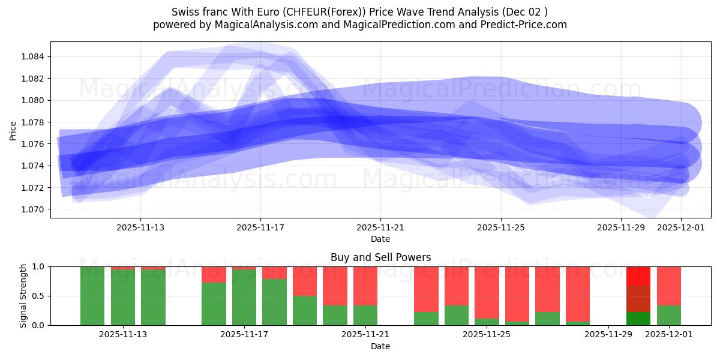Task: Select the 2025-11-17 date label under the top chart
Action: point(260,227)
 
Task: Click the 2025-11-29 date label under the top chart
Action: point(621,227)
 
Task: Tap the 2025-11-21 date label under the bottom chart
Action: point(365,335)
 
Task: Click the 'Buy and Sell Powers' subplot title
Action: point(380,257)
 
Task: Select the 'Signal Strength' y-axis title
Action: point(23,296)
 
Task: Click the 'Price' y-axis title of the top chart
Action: point(13,130)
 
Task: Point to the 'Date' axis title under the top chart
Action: point(380,239)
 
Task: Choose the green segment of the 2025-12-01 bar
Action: point(669,316)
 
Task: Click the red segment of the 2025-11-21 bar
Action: point(365,286)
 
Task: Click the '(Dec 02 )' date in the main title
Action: point(525,12)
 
